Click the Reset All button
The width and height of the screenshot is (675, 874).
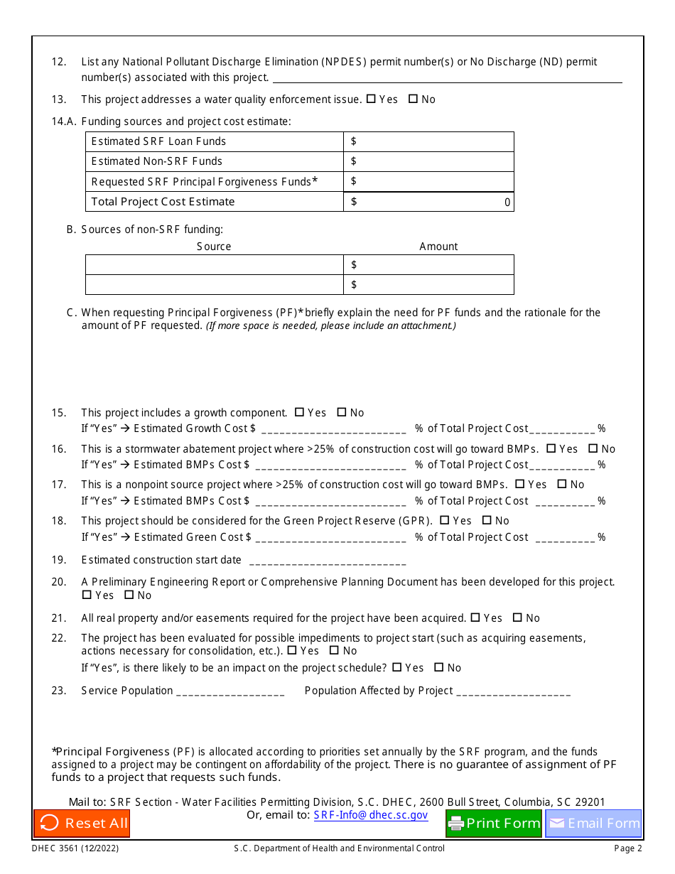[82, 824]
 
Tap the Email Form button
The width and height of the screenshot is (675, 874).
[593, 824]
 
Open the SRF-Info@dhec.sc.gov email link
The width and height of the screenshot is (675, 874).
[371, 815]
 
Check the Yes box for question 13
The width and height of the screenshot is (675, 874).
[371, 99]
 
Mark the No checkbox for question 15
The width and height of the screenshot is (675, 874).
[342, 412]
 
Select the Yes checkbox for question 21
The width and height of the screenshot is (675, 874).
[475, 617]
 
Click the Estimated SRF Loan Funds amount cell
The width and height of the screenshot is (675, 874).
[428, 141]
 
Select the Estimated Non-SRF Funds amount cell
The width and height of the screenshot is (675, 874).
[428, 161]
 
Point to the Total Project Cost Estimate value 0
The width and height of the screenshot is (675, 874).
[507, 203]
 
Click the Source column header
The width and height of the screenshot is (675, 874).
[214, 247]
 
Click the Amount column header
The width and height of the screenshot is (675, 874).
[438, 247]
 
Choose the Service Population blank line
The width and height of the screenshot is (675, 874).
[230, 692]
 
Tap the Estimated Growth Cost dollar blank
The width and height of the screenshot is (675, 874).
[334, 430]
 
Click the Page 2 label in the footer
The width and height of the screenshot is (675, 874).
[628, 848]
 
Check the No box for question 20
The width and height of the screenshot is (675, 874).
[129, 595]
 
